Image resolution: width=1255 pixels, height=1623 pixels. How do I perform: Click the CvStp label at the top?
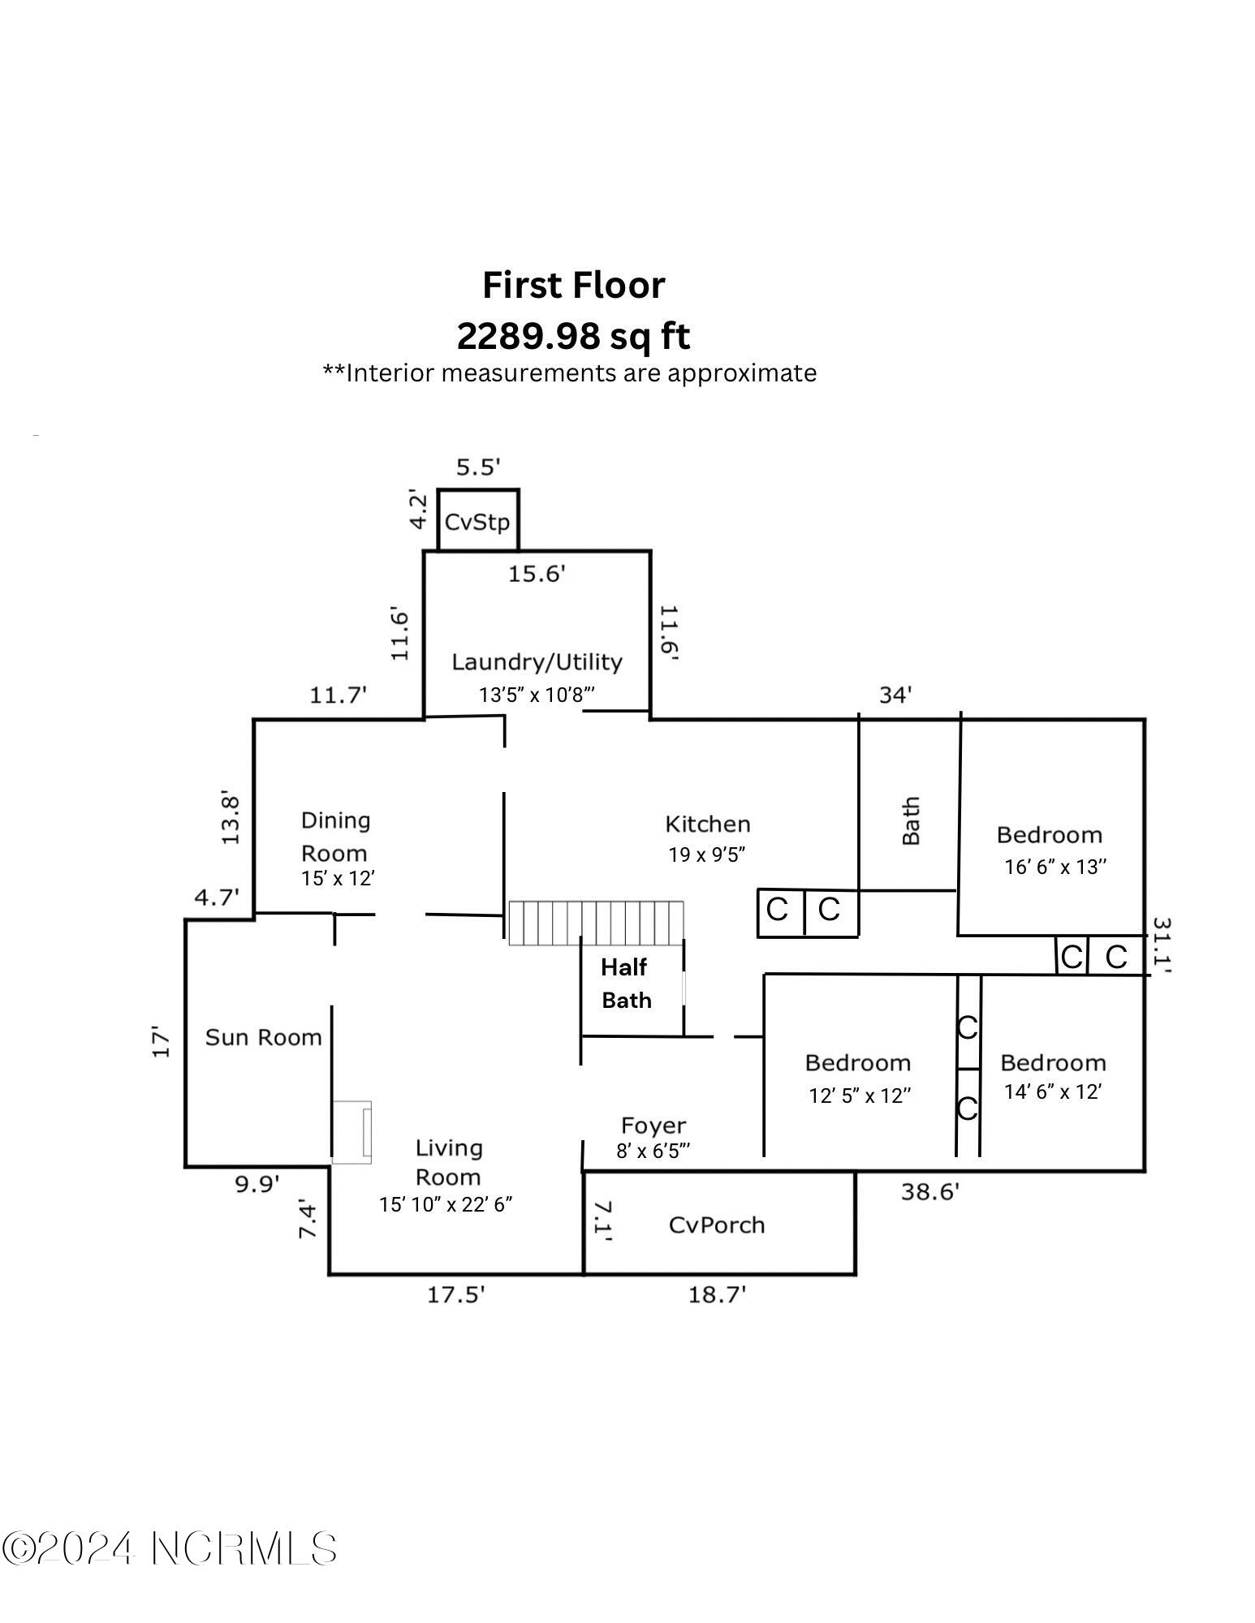tap(477, 521)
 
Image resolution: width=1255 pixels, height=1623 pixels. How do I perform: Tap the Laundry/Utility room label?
tap(537, 662)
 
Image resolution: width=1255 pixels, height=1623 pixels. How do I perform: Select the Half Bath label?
tap(626, 984)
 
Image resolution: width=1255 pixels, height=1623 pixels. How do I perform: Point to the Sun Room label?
tap(263, 1037)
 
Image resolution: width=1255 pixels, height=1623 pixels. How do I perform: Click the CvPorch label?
tap(717, 1225)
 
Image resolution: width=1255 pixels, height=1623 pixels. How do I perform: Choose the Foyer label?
tap(653, 1126)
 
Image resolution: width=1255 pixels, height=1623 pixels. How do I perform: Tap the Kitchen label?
tap(708, 824)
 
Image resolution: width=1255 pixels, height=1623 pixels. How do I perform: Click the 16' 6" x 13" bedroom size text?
tap(1055, 867)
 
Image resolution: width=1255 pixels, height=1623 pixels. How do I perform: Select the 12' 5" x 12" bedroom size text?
tap(860, 1096)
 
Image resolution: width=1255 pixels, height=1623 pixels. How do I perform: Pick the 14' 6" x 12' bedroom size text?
tap(1052, 1091)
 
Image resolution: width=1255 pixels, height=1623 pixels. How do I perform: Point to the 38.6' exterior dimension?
tap(930, 1192)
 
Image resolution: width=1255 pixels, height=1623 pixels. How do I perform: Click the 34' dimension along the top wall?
tap(895, 695)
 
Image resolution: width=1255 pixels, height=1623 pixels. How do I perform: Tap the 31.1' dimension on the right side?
tap(1162, 945)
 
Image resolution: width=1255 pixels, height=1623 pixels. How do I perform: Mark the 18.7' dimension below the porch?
tap(717, 1294)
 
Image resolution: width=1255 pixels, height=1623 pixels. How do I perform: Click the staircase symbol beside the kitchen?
tap(597, 923)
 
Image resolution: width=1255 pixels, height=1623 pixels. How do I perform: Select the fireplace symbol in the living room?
tap(351, 1132)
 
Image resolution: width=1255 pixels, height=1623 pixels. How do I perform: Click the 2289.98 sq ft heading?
tap(573, 336)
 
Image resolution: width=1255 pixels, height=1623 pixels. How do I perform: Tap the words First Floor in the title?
tap(574, 285)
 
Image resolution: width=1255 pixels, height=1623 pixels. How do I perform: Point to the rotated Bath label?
tap(911, 820)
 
